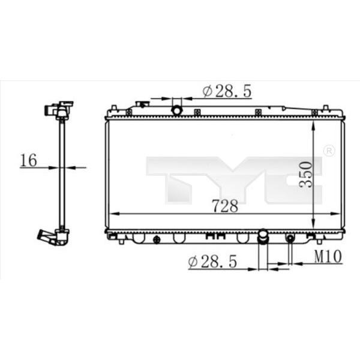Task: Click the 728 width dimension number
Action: tap(225, 206)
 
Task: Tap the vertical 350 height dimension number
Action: tap(306, 175)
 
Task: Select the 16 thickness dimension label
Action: tap(29, 160)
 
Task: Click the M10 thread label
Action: tap(328, 256)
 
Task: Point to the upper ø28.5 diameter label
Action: tap(227, 91)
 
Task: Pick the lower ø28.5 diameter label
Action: tap(212, 261)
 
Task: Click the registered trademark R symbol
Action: tap(329, 151)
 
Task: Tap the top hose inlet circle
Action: tap(177, 110)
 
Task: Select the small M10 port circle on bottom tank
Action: tap(290, 239)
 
